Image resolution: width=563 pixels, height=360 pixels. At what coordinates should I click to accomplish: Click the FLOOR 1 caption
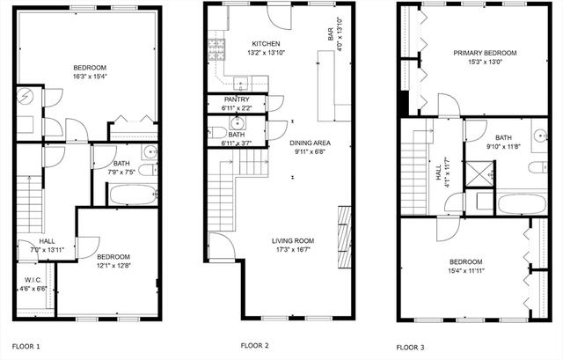tap(26, 346)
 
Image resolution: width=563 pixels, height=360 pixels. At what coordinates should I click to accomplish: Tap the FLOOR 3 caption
tap(410, 347)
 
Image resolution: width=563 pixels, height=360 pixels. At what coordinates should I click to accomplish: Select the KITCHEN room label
tap(266, 44)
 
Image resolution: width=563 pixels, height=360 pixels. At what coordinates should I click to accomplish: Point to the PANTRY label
tap(237, 99)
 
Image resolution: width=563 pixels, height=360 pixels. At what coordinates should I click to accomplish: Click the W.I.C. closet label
tap(33, 280)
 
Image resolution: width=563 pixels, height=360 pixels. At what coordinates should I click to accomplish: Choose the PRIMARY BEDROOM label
tap(485, 53)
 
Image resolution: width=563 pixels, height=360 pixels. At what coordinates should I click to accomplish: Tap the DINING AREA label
tap(310, 143)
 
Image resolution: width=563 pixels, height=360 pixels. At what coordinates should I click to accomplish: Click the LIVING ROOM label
tap(293, 240)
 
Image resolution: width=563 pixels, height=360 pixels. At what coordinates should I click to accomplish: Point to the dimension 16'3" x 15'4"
tap(90, 77)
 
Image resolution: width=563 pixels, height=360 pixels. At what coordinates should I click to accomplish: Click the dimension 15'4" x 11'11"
tap(466, 270)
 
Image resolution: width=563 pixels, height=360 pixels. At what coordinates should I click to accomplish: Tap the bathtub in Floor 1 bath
tap(133, 195)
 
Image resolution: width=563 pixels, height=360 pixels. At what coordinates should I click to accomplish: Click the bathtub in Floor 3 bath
tap(522, 204)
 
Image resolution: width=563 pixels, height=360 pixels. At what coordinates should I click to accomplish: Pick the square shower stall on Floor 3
tap(479, 174)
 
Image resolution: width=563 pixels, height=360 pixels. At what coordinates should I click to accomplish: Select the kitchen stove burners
tap(216, 49)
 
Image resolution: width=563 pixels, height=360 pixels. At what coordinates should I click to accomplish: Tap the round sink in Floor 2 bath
tap(237, 123)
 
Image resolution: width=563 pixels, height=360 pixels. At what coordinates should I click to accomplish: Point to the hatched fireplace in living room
tap(345, 237)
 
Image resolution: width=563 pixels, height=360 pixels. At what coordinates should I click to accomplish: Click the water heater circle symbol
tap(26, 96)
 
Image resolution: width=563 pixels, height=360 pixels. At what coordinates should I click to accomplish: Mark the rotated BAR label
tap(331, 34)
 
